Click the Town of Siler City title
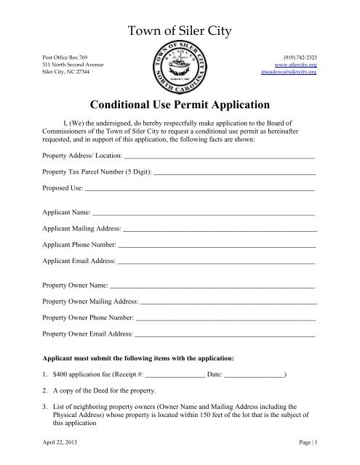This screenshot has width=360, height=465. [180, 32]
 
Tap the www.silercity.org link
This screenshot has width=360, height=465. [297, 64]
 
